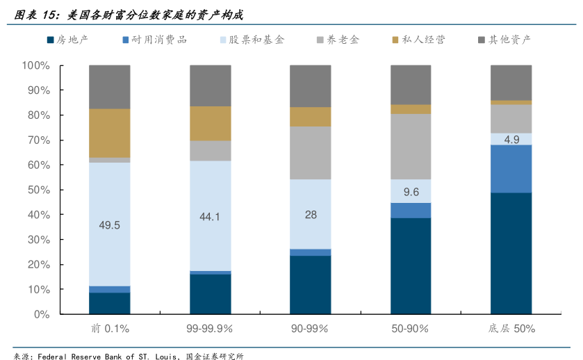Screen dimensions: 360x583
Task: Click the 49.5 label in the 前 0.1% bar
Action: click(109, 225)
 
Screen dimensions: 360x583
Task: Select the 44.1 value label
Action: click(210, 217)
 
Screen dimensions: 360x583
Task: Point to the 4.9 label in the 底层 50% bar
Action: click(511, 139)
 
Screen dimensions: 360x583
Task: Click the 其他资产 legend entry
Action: click(504, 40)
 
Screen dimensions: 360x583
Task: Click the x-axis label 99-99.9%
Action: click(210, 328)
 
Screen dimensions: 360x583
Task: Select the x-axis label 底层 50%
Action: click(511, 328)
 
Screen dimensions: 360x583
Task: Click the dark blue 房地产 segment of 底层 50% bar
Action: click(511, 254)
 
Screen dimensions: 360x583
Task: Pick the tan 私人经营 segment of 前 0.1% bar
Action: click(109, 133)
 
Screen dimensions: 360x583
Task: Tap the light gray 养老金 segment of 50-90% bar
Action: click(411, 147)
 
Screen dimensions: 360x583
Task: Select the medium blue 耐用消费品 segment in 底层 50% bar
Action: click(511, 169)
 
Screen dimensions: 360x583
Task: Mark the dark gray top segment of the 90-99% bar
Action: click(311, 86)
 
